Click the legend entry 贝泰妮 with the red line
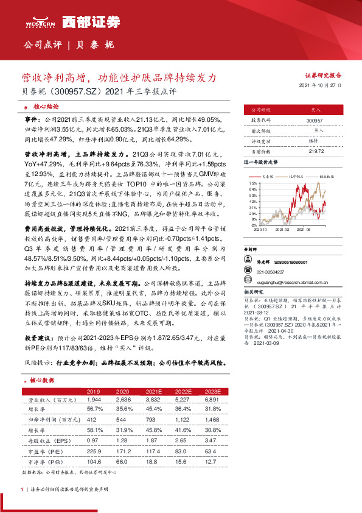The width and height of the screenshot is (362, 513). (267, 175)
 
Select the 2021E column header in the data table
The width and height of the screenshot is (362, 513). (155, 392)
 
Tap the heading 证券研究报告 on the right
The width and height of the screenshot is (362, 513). (323, 76)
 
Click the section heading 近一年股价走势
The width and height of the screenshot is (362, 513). (260, 163)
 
